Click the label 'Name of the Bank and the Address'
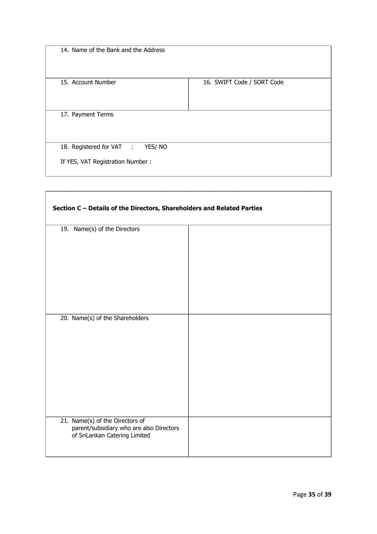tap(117, 51)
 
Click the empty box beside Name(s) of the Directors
tap(259, 269)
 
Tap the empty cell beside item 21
tap(259, 436)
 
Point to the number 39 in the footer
tap(327, 495)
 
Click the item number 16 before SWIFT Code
tap(208, 82)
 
